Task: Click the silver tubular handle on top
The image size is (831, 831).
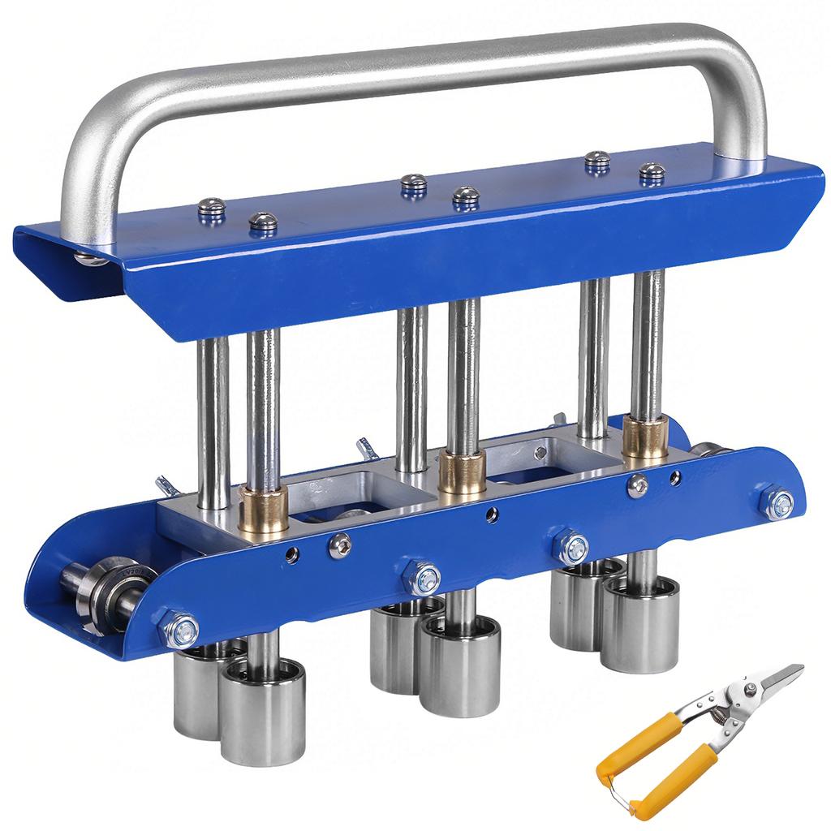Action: click(x=422, y=61)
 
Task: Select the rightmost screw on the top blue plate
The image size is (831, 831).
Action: click(x=652, y=172)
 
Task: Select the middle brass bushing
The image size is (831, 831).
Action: click(x=461, y=472)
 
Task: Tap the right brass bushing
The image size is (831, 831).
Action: click(x=645, y=438)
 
